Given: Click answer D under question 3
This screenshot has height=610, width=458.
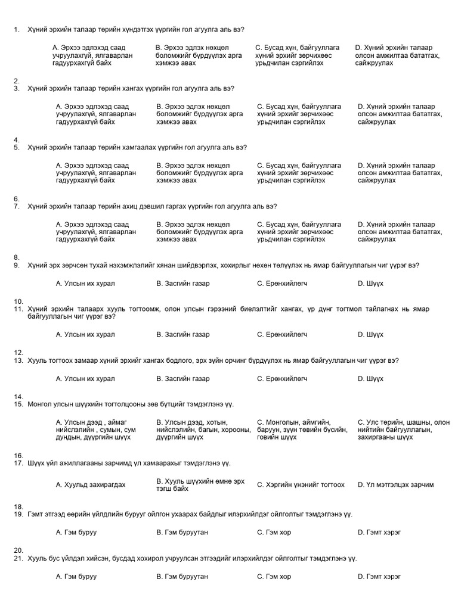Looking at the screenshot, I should tap(400, 114).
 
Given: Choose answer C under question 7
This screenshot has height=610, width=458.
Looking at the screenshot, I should tap(299, 232).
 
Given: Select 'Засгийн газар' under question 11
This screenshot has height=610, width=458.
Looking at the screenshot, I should tap(182, 335).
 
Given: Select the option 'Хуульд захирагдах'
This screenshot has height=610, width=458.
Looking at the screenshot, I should tap(91, 485).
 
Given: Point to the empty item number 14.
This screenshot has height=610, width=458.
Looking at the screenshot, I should tap(18, 396).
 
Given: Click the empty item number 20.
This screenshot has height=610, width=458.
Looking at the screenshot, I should tap(18, 550).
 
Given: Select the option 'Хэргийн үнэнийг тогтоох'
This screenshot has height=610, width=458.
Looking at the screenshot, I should tap(301, 485).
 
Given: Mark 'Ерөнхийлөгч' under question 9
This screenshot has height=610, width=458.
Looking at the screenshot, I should tap(282, 284).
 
